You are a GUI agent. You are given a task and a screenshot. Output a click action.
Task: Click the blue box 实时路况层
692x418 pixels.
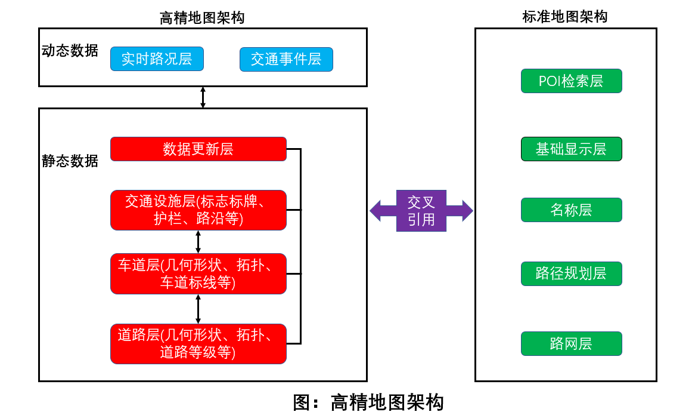pyautogui.click(x=157, y=59)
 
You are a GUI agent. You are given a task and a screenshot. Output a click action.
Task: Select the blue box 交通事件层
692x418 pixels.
pyautogui.click(x=286, y=59)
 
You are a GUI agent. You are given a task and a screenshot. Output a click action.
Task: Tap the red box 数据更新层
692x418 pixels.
pyautogui.click(x=198, y=149)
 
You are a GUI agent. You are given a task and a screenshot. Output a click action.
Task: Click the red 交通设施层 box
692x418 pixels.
pyautogui.click(x=198, y=210)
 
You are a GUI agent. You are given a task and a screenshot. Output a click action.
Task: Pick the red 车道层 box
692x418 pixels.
pyautogui.click(x=198, y=273)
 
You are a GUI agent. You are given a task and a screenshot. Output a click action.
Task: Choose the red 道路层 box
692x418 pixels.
pyautogui.click(x=198, y=344)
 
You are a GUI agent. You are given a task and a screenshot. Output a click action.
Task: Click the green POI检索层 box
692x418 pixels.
pyautogui.click(x=571, y=81)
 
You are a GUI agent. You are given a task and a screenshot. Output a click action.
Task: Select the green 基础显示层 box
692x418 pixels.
pyautogui.click(x=571, y=149)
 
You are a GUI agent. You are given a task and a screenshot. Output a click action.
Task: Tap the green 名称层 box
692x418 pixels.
pyautogui.click(x=571, y=210)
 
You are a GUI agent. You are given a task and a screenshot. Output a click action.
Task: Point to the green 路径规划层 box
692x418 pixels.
pyautogui.click(x=571, y=273)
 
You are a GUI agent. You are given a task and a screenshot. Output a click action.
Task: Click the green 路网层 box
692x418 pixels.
pyautogui.click(x=571, y=344)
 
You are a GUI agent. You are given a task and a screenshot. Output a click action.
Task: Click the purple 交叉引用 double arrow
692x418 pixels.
pyautogui.click(x=421, y=211)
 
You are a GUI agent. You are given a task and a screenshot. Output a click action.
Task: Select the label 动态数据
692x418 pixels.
pyautogui.click(x=70, y=51)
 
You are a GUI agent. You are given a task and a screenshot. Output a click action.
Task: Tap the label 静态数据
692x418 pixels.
pyautogui.click(x=70, y=161)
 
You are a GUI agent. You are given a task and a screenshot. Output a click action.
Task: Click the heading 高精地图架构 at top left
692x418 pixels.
pyautogui.click(x=202, y=18)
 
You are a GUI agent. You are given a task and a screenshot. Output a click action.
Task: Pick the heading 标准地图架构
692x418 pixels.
pyautogui.click(x=565, y=17)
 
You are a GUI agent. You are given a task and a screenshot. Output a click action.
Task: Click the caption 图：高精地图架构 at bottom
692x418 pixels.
pyautogui.click(x=368, y=402)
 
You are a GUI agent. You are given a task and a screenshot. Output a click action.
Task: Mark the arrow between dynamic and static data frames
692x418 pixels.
pyautogui.click(x=203, y=97)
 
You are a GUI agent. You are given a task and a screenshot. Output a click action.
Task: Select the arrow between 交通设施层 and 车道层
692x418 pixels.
pyautogui.click(x=198, y=241)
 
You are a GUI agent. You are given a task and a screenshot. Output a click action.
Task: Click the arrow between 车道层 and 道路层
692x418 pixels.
pyautogui.click(x=198, y=309)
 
